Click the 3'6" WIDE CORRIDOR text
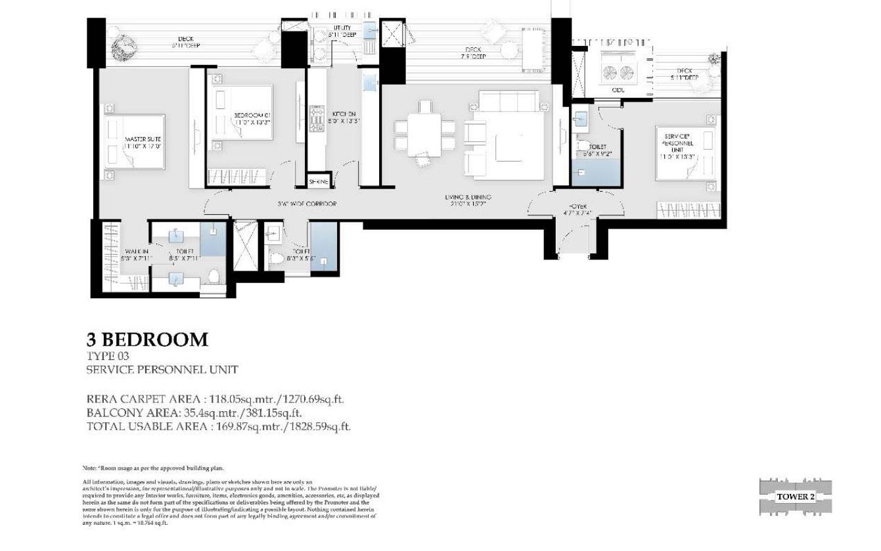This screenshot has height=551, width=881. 307,204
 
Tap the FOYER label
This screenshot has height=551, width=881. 577,209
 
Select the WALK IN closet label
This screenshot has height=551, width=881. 136,254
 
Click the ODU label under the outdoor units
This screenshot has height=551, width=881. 618,90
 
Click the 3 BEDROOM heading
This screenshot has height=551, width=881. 147,340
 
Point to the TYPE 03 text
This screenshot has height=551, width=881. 108,357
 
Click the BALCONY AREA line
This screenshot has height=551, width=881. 194,413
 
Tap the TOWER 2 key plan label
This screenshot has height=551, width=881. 795,496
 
